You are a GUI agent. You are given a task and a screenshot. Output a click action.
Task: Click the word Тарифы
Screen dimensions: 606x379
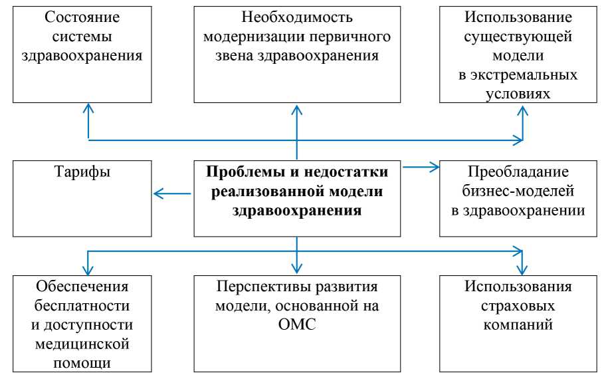(x=82, y=172)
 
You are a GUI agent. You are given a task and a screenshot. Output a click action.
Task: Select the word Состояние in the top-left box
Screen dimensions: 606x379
(x=82, y=17)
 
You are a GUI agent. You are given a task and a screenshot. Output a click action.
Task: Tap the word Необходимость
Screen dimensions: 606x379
(x=297, y=17)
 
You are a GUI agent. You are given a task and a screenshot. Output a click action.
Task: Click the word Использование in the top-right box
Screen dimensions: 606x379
(x=518, y=17)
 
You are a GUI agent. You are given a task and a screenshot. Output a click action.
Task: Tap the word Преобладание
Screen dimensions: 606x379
(x=518, y=172)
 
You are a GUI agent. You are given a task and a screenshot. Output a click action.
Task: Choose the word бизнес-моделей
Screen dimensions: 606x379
(x=518, y=191)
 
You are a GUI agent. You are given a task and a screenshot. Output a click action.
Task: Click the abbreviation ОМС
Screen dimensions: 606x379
(x=297, y=324)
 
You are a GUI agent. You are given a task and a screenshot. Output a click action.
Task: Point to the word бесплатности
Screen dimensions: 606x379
(x=82, y=305)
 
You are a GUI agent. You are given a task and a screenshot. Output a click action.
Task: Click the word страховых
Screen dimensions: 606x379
(x=518, y=306)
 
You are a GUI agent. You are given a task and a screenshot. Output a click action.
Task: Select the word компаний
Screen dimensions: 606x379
(x=518, y=324)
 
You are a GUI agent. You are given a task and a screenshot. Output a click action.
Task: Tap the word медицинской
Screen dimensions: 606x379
(x=82, y=344)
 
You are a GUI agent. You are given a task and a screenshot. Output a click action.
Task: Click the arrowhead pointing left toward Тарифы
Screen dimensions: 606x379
(x=157, y=193)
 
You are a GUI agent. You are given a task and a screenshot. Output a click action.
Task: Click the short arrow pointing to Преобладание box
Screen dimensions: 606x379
(x=421, y=167)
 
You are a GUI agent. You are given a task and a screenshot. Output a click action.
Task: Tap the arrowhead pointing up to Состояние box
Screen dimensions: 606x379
(x=88, y=108)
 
